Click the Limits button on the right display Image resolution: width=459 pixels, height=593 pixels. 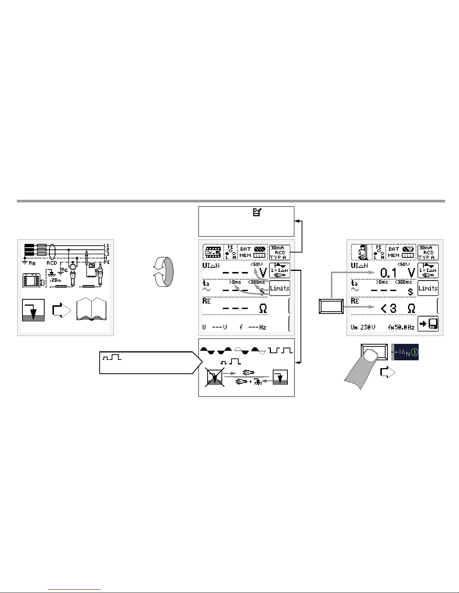428,288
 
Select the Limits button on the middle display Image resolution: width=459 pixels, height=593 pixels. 280,288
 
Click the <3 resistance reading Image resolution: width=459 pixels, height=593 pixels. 388,309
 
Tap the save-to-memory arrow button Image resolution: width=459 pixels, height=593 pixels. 428,324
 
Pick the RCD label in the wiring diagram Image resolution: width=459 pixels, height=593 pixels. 52,263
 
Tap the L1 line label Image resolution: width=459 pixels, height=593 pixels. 106,246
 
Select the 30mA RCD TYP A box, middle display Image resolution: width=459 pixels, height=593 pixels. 280,253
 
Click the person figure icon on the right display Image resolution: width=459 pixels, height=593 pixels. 361,252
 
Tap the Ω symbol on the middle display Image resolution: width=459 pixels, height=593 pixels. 263,309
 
